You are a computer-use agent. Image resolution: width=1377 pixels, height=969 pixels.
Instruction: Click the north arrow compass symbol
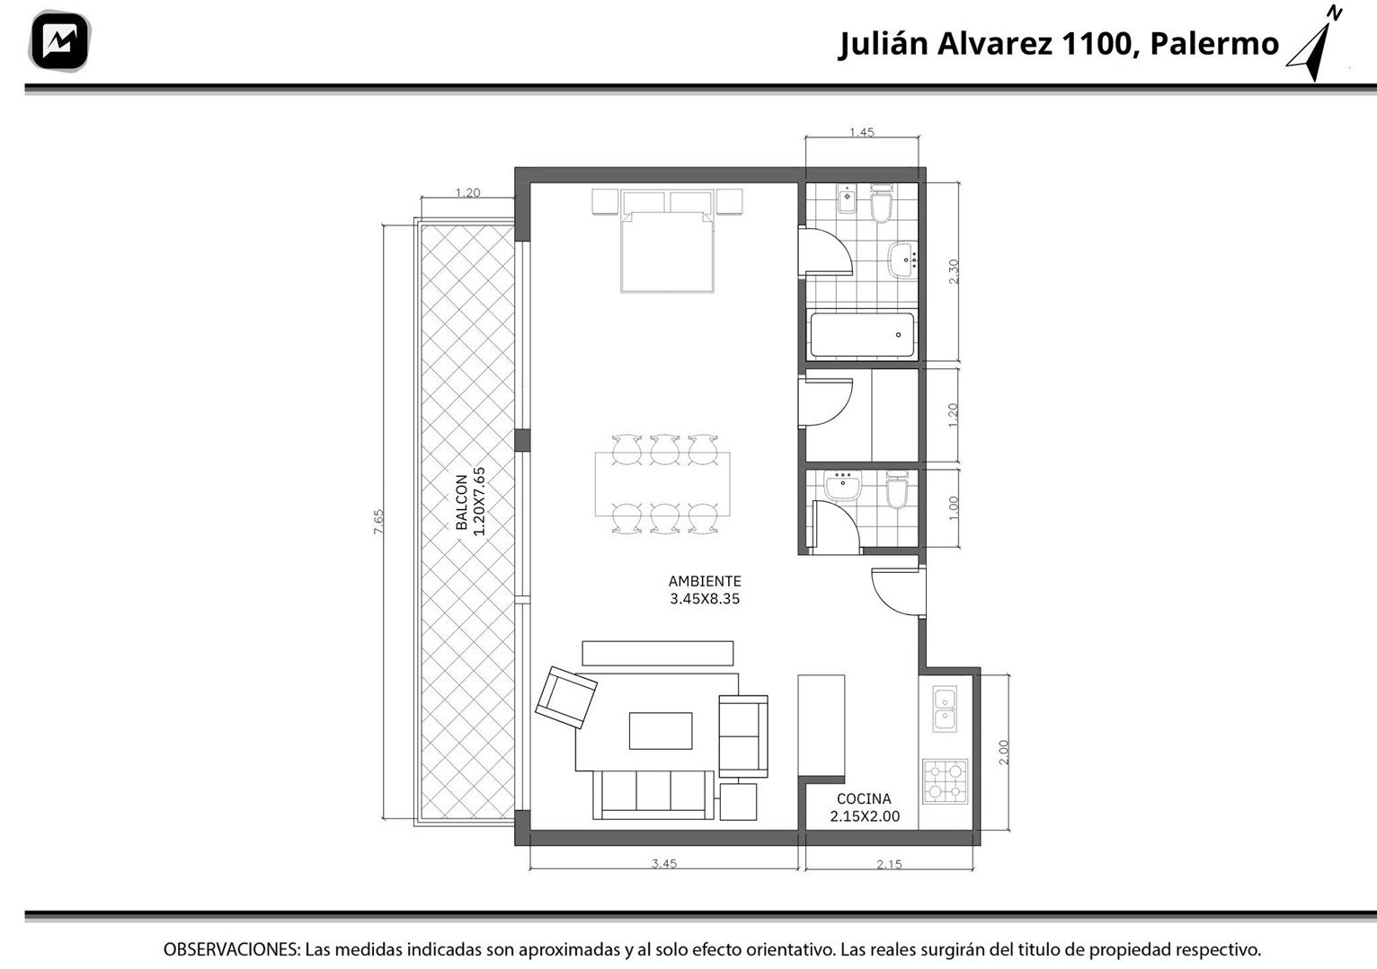click(x=1316, y=46)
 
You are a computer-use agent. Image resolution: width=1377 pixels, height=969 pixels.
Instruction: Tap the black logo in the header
click(x=59, y=41)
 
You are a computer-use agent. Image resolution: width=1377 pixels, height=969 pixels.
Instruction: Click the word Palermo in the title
click(x=1214, y=44)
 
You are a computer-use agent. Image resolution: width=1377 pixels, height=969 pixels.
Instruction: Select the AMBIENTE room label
click(x=705, y=581)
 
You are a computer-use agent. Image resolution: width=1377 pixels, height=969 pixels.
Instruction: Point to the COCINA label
click(x=864, y=799)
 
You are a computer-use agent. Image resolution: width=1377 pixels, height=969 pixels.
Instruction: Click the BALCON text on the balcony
click(x=462, y=502)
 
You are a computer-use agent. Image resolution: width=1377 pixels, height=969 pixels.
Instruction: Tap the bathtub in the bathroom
click(x=862, y=335)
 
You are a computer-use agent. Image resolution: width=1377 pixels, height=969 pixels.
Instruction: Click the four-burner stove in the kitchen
click(x=945, y=781)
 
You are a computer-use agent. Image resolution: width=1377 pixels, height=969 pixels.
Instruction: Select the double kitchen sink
click(x=945, y=709)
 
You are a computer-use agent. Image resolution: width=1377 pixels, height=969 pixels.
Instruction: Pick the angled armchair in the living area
click(x=565, y=698)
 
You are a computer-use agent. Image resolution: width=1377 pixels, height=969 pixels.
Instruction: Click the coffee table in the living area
click(x=661, y=731)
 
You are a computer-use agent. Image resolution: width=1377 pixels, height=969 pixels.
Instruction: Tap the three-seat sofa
click(x=653, y=795)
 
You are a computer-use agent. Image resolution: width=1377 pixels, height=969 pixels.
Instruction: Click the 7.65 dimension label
click(x=378, y=522)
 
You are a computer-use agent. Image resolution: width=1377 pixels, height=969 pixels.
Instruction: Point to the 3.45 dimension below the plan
click(x=664, y=863)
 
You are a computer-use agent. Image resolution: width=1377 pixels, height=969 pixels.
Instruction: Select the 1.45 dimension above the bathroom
click(x=862, y=132)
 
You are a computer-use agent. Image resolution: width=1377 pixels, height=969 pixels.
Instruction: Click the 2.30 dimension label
click(x=954, y=271)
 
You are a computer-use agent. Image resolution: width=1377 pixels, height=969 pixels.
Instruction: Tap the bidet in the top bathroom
click(x=847, y=199)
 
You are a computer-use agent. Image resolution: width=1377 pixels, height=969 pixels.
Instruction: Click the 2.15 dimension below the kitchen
click(x=889, y=864)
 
